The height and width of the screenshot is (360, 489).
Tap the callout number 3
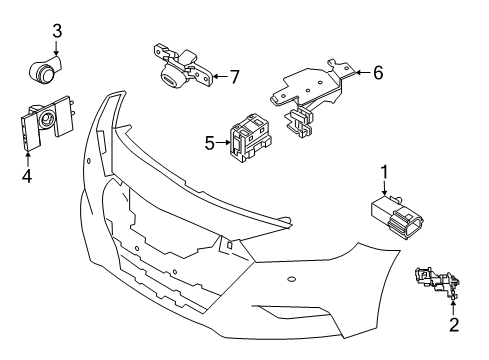tap(57, 31)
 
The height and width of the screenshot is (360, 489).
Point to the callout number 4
tap(27, 178)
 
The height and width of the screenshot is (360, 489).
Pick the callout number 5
tap(209, 144)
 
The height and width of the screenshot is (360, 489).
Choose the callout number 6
tap(379, 72)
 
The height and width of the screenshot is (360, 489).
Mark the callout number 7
tap(234, 76)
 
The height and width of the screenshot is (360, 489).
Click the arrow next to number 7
tap(220, 76)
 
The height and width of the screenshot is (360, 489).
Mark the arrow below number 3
tap(58, 50)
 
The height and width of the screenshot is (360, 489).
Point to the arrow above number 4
tap(27, 158)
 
